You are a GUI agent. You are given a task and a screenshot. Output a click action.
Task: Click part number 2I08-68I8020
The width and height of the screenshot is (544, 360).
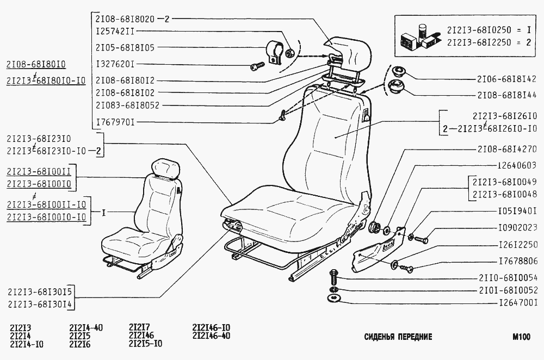[125, 19]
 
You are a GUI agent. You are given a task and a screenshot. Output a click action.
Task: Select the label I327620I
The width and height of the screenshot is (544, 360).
[115, 64]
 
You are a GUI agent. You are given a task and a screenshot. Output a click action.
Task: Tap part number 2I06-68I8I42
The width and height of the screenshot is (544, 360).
[507, 79]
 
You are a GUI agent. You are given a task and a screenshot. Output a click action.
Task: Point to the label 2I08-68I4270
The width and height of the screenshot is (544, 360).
[507, 149]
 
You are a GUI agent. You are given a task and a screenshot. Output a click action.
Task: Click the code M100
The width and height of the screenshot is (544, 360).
[521, 337]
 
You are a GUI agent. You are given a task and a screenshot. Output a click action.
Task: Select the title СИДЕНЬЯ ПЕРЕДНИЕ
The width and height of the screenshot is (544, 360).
[398, 337]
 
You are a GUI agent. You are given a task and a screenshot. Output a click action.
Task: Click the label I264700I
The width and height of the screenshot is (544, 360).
[518, 303]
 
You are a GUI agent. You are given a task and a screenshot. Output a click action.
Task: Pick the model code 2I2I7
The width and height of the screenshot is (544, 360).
[139, 327]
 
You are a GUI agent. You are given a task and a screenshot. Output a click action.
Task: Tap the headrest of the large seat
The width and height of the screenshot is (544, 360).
[348, 52]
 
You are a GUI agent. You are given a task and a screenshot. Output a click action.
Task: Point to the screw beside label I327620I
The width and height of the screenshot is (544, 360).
[257, 66]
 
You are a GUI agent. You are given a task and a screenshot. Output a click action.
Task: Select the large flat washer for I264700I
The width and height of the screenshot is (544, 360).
[334, 298]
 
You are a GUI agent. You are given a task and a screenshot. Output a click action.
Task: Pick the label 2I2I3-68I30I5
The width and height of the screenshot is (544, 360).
[39, 291]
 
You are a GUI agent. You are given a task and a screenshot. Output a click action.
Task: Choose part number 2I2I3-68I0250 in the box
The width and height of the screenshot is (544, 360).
[479, 30]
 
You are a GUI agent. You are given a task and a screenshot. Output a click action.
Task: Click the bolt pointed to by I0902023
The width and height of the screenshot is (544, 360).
[421, 239]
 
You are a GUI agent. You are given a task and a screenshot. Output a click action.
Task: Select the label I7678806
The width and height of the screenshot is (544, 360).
[518, 261]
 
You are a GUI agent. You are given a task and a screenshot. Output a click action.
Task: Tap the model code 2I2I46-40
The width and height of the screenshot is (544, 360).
[211, 336]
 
